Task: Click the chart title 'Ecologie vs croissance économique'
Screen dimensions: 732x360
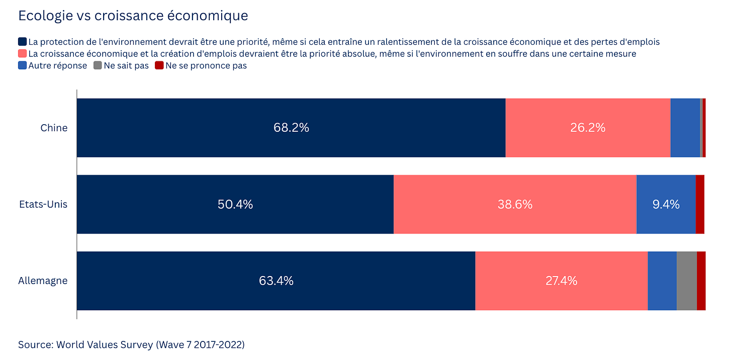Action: [x=133, y=16]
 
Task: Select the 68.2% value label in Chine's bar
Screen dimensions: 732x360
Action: [x=291, y=127]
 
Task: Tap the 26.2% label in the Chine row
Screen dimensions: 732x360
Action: [x=588, y=127]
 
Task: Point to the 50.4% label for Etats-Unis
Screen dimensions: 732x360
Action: [x=235, y=204]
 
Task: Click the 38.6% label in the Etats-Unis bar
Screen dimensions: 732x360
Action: [x=515, y=204]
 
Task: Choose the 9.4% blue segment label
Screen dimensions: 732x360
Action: [x=666, y=204]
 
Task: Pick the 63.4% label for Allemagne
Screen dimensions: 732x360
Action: [x=276, y=281]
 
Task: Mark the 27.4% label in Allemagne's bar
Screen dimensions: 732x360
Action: [x=562, y=281]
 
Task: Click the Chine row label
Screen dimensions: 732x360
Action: [x=54, y=128]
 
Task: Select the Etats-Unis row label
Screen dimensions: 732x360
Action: [x=43, y=204]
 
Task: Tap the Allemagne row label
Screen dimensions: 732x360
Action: [x=43, y=281]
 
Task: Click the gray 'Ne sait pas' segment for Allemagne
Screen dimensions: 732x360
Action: [x=687, y=281]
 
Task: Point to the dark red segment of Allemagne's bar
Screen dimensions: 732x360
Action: [x=701, y=281]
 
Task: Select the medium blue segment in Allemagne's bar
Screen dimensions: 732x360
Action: [x=662, y=281]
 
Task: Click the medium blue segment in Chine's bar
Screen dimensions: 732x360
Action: [x=685, y=128]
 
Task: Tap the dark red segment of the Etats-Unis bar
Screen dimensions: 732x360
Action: [x=700, y=204]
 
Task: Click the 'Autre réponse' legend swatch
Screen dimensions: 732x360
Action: [x=22, y=65]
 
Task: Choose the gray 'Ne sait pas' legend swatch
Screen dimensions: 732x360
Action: [x=98, y=65]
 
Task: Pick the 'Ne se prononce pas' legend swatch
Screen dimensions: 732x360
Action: [x=159, y=65]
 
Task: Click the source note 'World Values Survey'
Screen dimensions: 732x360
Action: [x=105, y=344]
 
